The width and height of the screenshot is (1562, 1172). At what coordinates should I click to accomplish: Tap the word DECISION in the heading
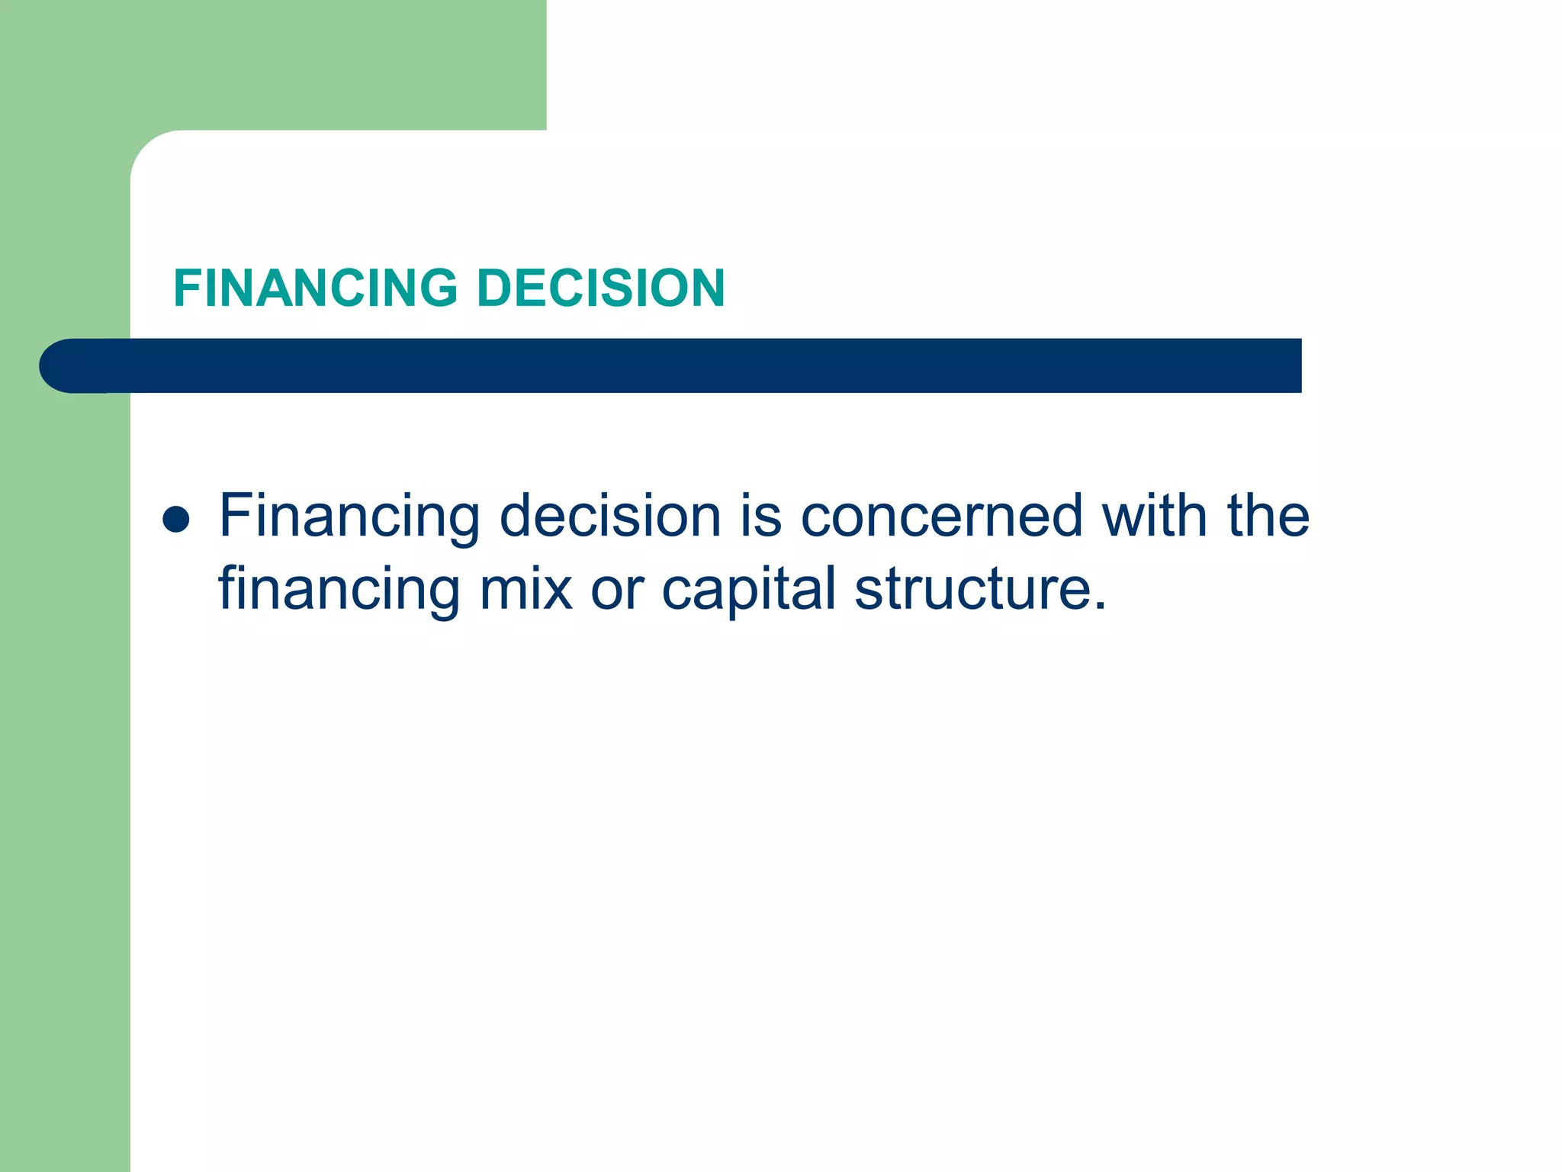pyautogui.click(x=600, y=288)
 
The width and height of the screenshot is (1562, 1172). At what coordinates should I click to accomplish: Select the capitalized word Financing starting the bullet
pyautogui.click(x=350, y=517)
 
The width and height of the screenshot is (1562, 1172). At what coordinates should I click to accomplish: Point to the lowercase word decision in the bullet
pyautogui.click(x=610, y=517)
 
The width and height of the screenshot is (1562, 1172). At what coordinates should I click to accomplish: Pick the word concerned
pyautogui.click(x=941, y=517)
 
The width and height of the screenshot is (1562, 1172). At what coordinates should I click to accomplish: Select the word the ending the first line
pyautogui.click(x=1268, y=517)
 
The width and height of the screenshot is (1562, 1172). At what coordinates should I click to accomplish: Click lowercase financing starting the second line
pyautogui.click(x=339, y=589)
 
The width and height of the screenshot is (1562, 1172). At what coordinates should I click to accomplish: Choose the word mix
pyautogui.click(x=525, y=589)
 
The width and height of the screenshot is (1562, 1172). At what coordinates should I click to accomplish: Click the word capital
pyautogui.click(x=749, y=589)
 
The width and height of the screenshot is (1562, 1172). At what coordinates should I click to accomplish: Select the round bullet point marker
pyautogui.click(x=176, y=520)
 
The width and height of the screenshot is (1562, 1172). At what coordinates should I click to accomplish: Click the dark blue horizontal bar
pyautogui.click(x=686, y=365)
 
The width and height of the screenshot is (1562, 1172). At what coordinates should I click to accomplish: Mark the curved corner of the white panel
pyautogui.click(x=149, y=149)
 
